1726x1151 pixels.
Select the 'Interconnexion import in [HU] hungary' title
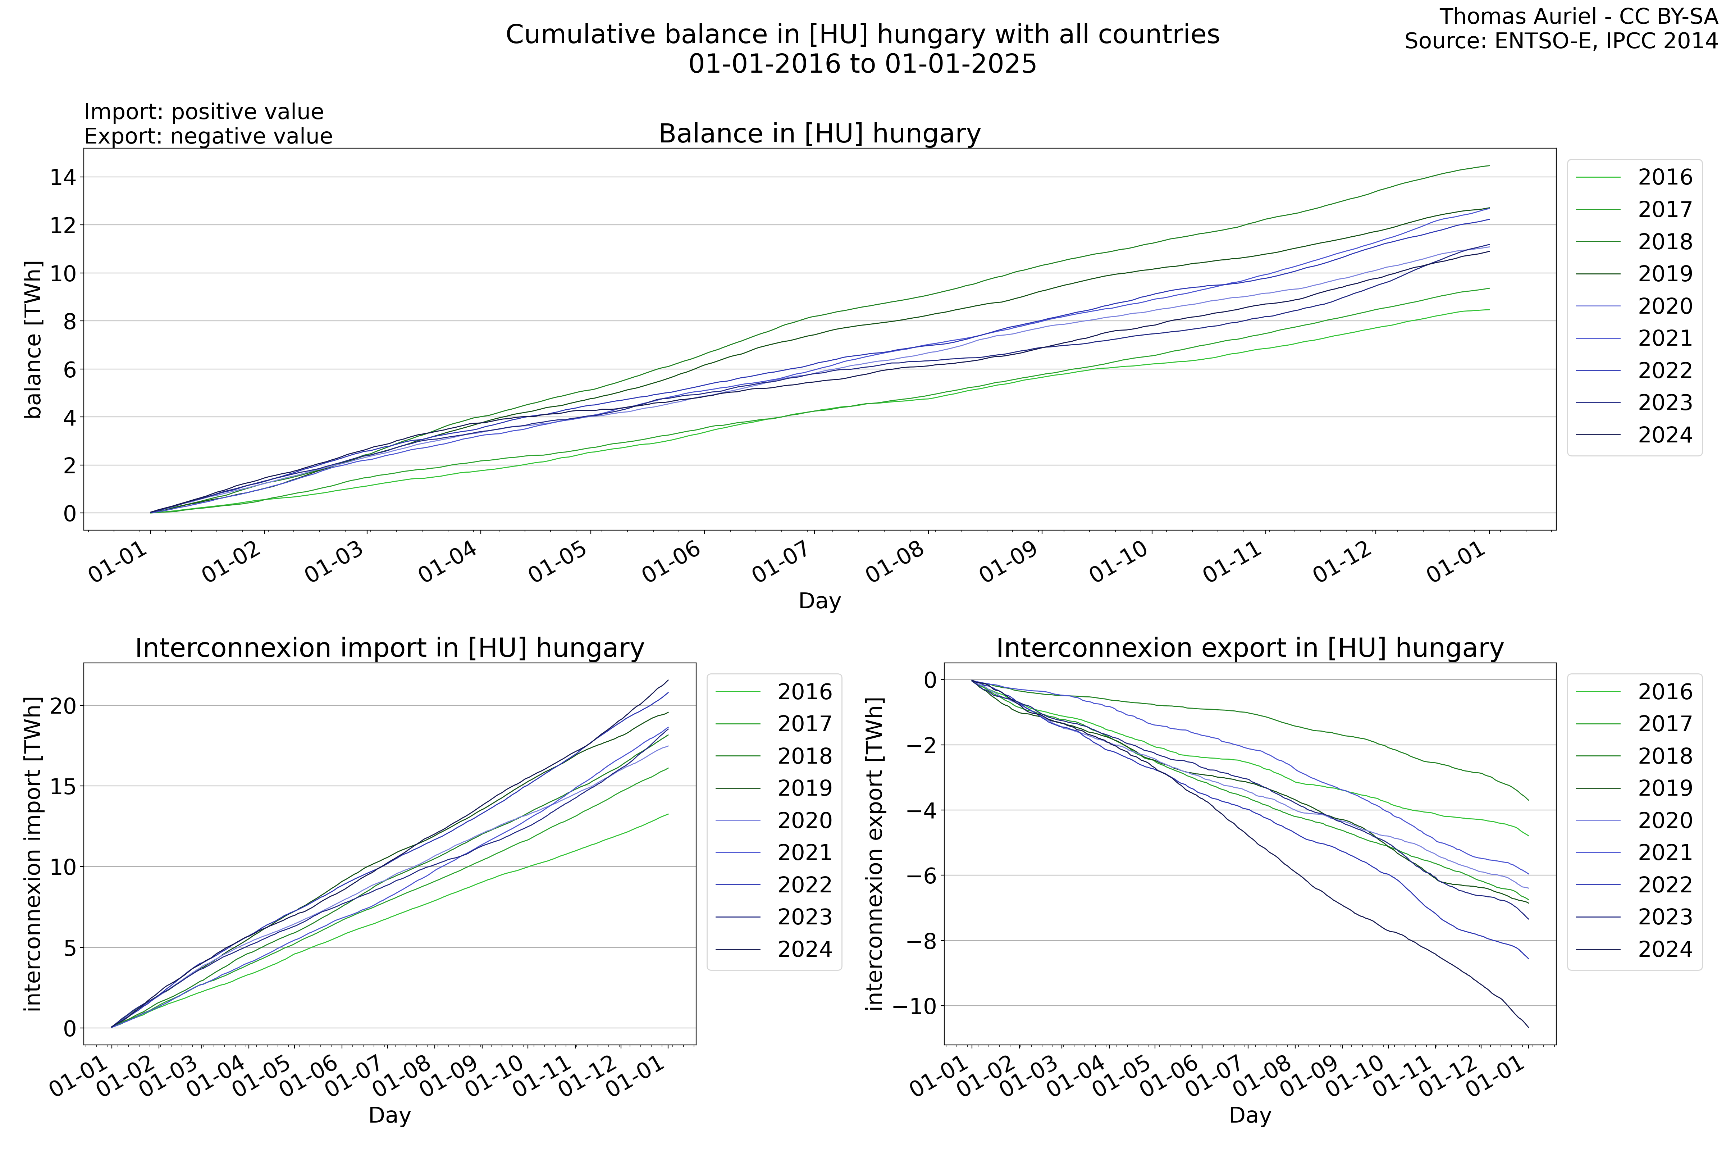(x=390, y=648)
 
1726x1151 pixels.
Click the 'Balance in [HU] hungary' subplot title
(x=819, y=133)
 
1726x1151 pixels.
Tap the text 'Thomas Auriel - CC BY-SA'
(x=1578, y=16)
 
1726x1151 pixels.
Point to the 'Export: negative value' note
(x=209, y=137)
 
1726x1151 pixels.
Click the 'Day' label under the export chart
(x=1250, y=1115)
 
